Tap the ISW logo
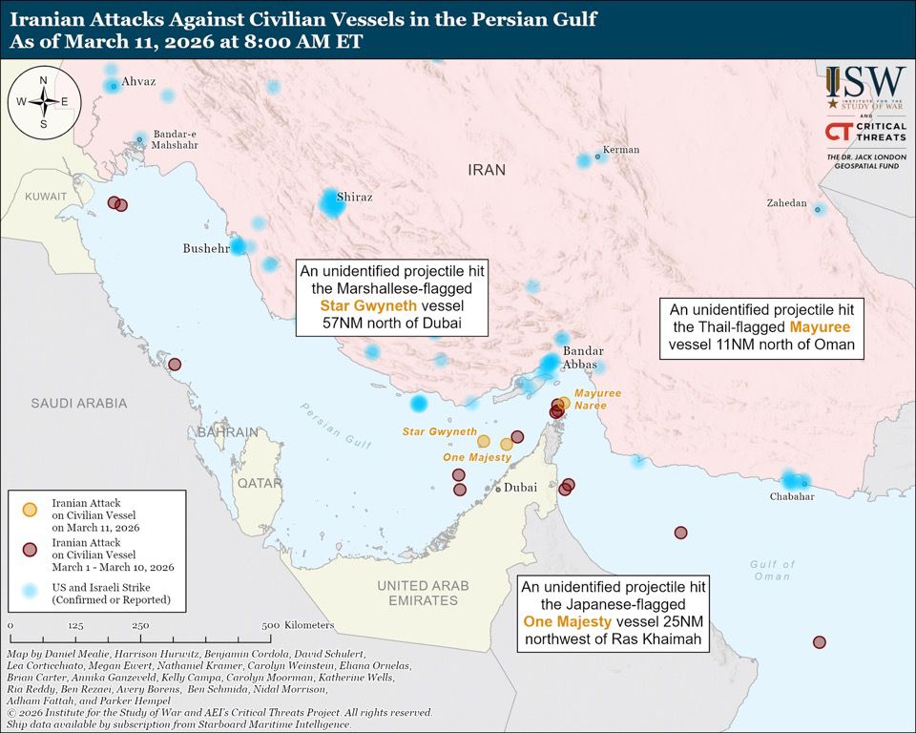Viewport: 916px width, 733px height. pos(865,88)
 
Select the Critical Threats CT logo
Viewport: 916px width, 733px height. pos(839,132)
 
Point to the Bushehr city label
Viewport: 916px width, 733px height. pos(206,248)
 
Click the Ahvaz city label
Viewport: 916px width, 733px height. pos(138,82)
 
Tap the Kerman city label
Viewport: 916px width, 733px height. pos(620,150)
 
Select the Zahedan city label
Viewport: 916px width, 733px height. pos(786,203)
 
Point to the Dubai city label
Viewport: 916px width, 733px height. pos(520,488)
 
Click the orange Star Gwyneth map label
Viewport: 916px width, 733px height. pos(439,432)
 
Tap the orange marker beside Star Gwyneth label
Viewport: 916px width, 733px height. pos(484,441)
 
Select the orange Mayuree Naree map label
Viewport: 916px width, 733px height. pos(597,399)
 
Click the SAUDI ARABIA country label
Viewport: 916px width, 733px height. pos(78,404)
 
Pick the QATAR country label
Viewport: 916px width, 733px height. pos(260,483)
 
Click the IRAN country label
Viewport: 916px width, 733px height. pos(487,170)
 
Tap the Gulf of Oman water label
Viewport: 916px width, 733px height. pos(772,570)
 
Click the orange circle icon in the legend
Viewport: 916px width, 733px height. pos(30,510)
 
